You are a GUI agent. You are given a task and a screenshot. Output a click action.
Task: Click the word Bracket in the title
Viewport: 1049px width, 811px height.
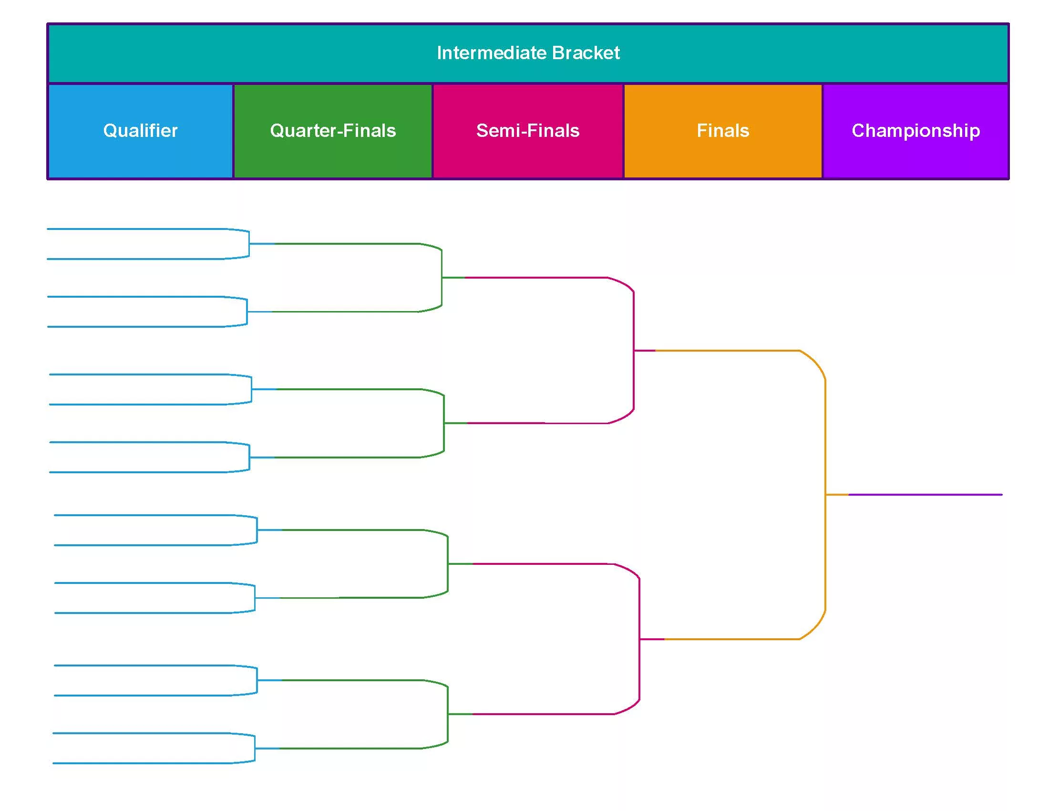click(x=586, y=52)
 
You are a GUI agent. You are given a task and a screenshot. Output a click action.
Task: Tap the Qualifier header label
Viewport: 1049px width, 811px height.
click(x=140, y=131)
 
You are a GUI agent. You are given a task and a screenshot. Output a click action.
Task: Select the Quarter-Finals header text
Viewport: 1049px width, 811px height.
click(x=333, y=131)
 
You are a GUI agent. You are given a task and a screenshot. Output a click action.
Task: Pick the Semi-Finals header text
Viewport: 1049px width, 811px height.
click(x=528, y=131)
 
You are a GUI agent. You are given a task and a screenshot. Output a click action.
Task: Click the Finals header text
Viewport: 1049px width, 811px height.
click(x=723, y=131)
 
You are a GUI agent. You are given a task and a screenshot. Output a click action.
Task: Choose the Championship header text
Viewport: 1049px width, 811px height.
click(x=916, y=131)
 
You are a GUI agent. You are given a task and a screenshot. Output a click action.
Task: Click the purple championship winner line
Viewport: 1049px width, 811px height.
click(x=926, y=494)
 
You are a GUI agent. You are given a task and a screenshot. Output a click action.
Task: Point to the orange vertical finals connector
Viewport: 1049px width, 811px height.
click(x=825, y=495)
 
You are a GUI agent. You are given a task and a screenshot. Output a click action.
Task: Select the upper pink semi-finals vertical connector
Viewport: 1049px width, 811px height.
click(x=634, y=351)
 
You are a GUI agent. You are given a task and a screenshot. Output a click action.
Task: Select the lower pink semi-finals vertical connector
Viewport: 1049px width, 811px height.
click(x=639, y=639)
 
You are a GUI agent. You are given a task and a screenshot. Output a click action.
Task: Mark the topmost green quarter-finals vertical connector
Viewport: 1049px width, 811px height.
click(x=442, y=278)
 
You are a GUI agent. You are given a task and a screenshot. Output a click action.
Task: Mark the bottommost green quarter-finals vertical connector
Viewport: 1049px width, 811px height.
click(x=448, y=714)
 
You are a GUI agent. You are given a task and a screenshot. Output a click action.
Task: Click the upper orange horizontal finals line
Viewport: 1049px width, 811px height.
click(x=727, y=351)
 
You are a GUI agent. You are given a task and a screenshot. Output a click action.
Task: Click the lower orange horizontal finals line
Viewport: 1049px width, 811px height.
click(x=731, y=639)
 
